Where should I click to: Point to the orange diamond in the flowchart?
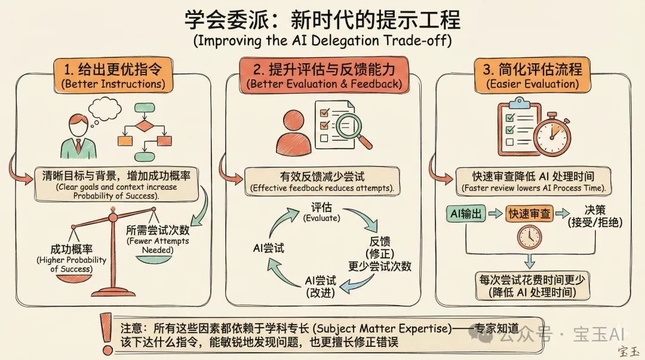pos(144,126)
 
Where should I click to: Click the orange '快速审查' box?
pos(529,213)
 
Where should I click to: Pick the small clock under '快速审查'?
pos(529,238)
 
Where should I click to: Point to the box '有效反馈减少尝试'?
pos(322,181)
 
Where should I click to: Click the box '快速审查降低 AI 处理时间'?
pos(533,181)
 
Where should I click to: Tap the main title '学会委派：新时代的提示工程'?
pos(322,20)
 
